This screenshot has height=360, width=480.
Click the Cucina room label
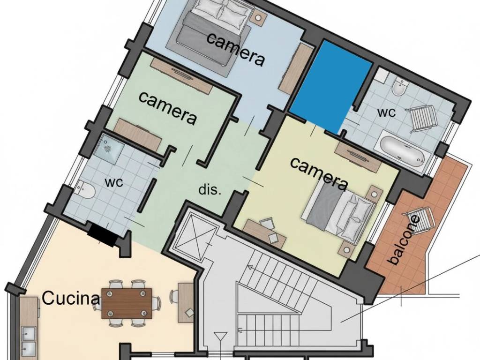(x=71, y=298)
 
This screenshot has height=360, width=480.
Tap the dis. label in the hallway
(x=210, y=190)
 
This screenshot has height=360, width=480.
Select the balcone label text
(x=404, y=240)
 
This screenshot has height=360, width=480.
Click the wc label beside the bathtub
(x=387, y=112)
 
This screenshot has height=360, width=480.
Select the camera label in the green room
(x=167, y=108)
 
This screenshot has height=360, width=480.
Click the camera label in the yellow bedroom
(x=319, y=173)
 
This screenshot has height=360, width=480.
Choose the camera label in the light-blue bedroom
(x=236, y=50)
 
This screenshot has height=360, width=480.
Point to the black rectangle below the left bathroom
(x=102, y=234)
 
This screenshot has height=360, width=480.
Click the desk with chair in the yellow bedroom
(x=265, y=232)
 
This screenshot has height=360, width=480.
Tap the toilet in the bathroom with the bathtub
(x=400, y=88)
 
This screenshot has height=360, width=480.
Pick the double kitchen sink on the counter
(x=29, y=340)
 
